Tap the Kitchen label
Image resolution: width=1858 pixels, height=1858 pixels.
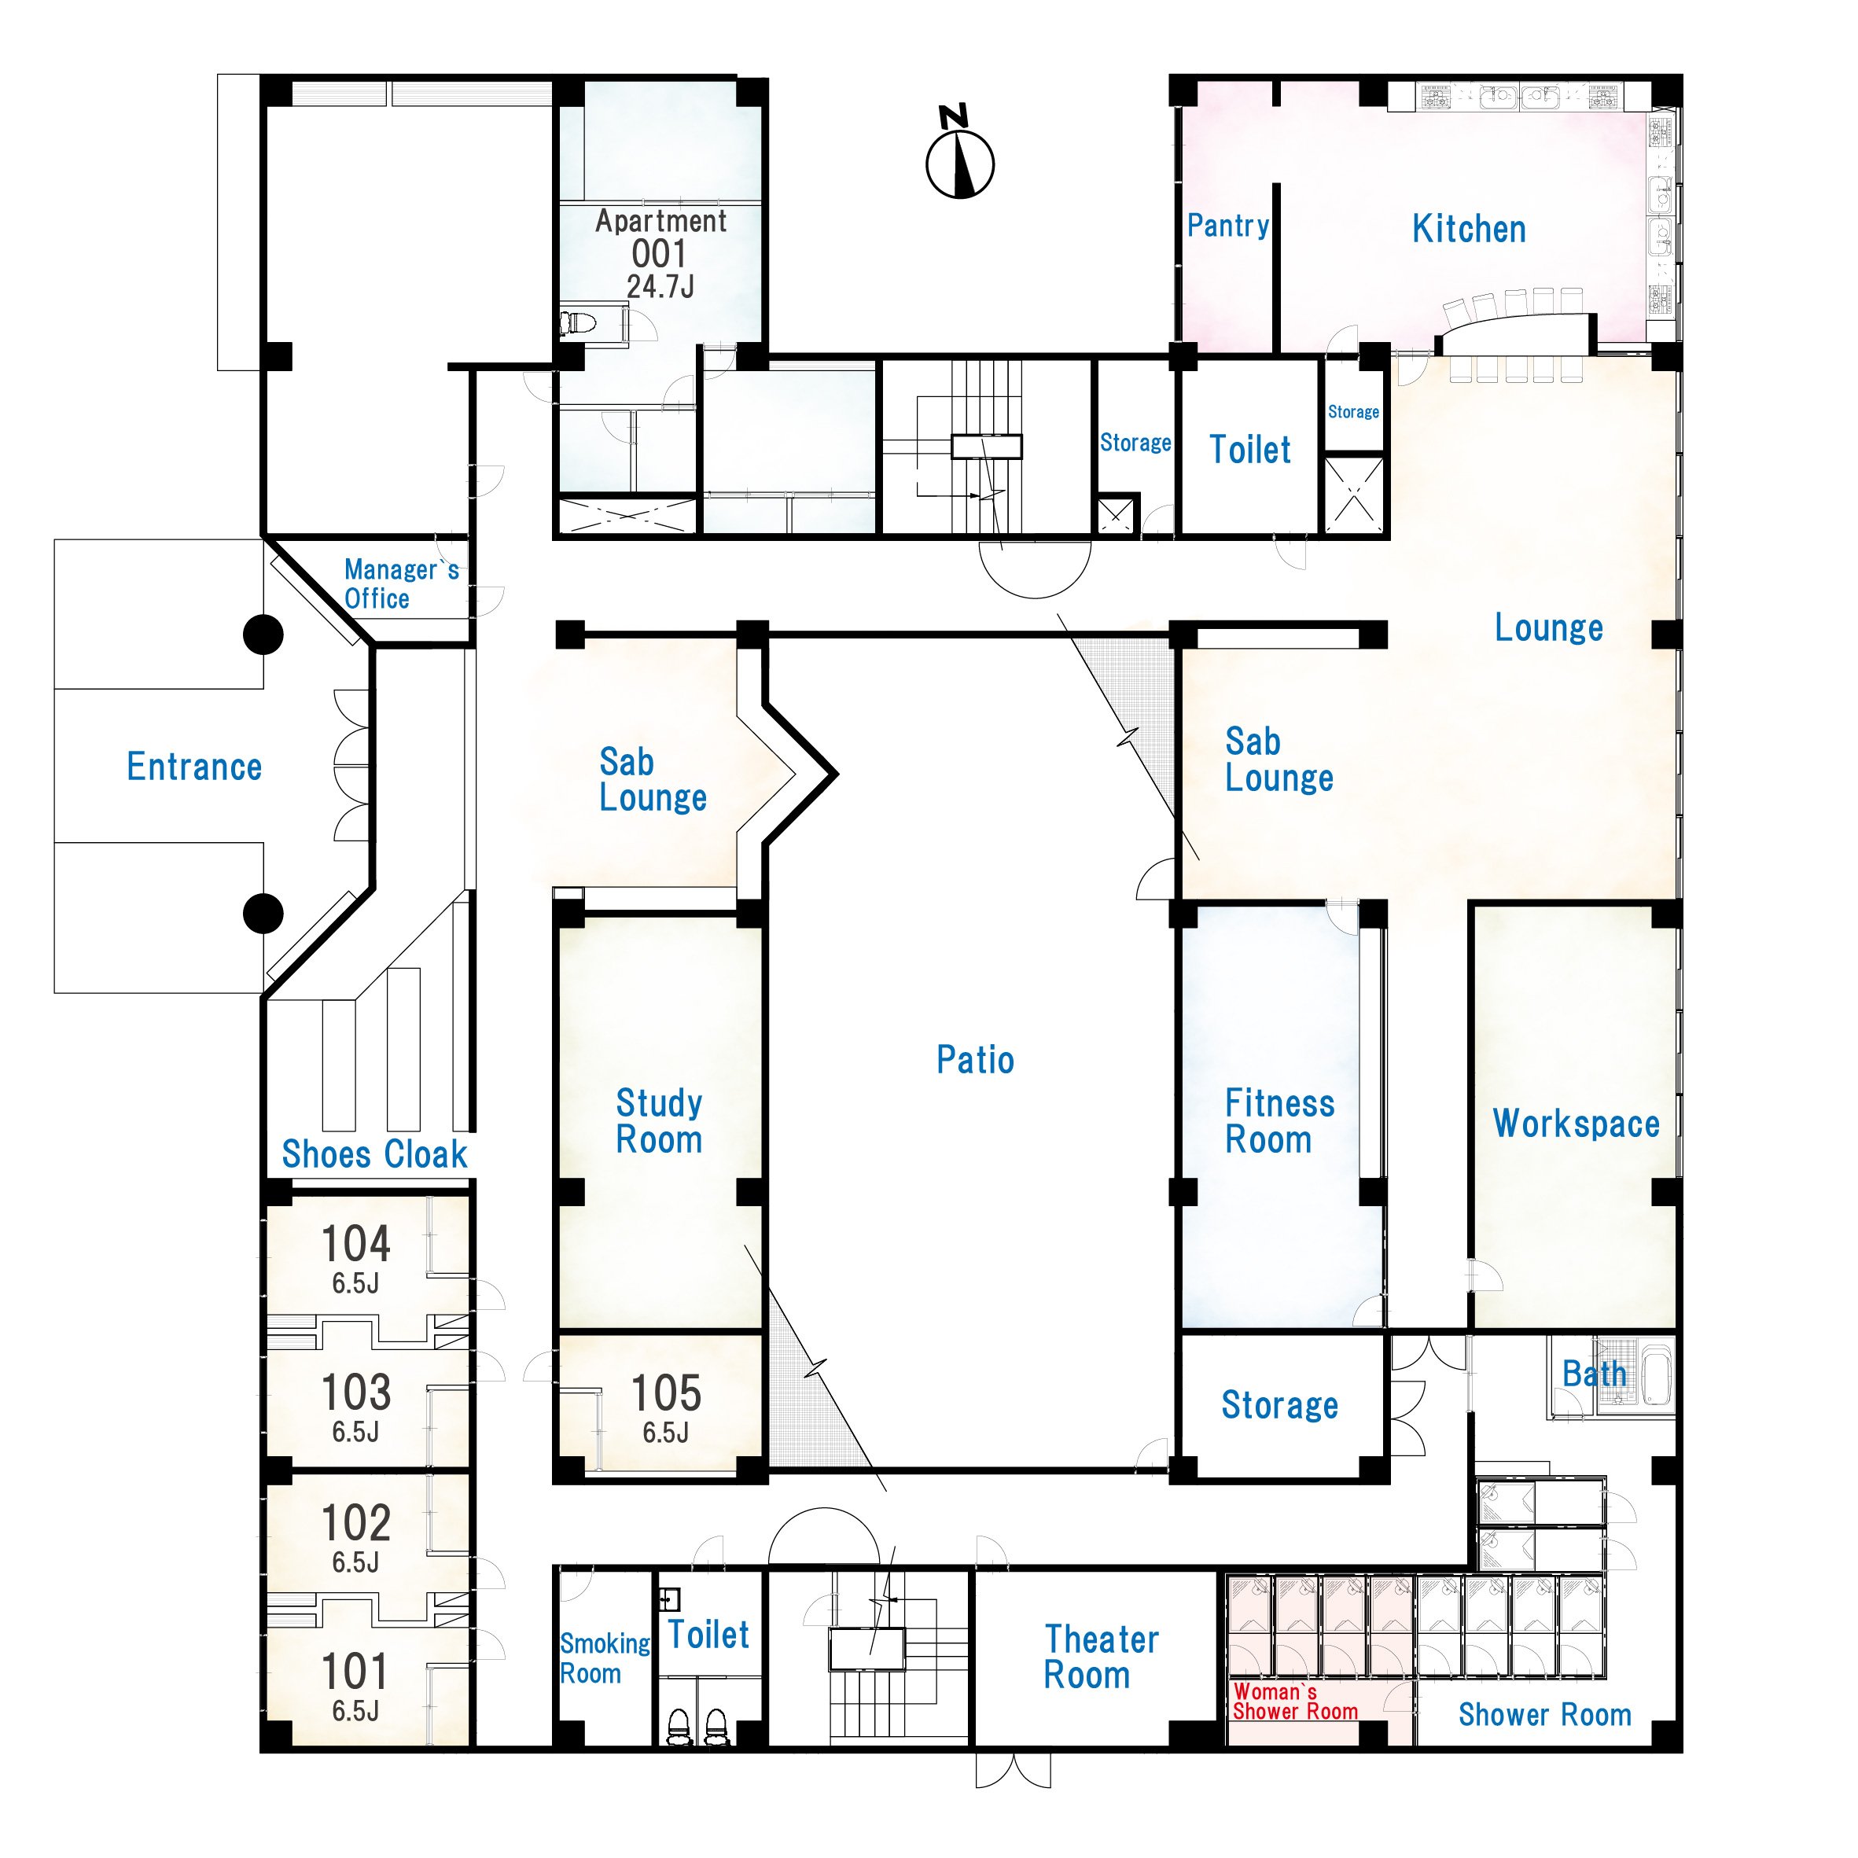coord(1469,229)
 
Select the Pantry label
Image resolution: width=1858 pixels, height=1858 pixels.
coord(1228,225)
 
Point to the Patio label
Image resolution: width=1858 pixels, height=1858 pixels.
coord(975,1060)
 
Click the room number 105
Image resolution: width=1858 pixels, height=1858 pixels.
coord(665,1393)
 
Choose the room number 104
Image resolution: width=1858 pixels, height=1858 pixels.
coord(356,1243)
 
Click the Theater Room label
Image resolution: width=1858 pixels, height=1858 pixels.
coord(1101,1657)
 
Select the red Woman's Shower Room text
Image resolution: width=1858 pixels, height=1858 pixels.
coord(1295,1702)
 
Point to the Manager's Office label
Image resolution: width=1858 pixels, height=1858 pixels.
coord(401,583)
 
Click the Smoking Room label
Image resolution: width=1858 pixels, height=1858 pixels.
coord(605,1658)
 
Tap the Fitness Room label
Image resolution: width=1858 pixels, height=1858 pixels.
coord(1279,1120)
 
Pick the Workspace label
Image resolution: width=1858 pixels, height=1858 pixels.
coord(1577,1124)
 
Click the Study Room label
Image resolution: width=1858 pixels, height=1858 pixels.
coord(659,1120)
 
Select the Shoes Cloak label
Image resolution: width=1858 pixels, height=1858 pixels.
coord(374,1154)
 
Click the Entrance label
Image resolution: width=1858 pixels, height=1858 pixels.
coord(194,767)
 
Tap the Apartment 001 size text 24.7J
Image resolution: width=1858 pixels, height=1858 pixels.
coord(660,286)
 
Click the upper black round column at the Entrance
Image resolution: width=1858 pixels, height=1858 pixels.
coord(263,635)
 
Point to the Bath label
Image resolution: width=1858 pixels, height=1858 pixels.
coord(1595,1374)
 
